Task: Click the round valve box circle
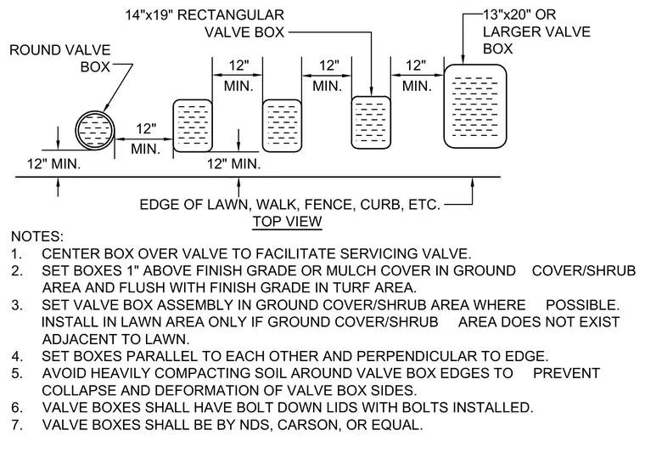pos(76,130)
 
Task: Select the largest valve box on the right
pos(475,106)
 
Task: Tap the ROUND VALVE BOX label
pos(60,58)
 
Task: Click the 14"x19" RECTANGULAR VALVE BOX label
pos(205,24)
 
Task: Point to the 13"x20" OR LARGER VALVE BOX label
pos(536,31)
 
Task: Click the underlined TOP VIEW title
pos(287,221)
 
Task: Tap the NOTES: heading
pos(37,236)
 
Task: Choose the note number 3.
pos(16,305)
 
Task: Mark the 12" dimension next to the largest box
pos(416,65)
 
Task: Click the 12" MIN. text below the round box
pos(53,164)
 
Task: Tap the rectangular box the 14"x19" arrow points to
pos(371,122)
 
